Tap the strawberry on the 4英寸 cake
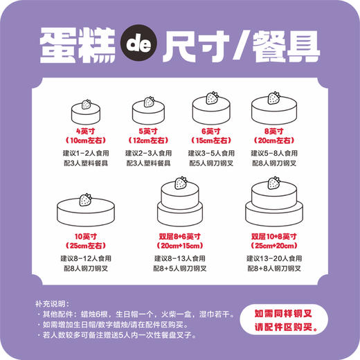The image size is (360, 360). (x=87, y=105)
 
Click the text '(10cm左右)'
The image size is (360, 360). (x=87, y=141)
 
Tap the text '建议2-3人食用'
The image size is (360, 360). (x=148, y=152)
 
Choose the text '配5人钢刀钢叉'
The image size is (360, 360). (x=211, y=163)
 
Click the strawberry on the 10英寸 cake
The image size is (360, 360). (x=87, y=201)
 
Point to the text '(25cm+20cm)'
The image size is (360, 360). (x=274, y=246)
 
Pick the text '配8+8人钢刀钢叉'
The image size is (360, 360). (x=274, y=269)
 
